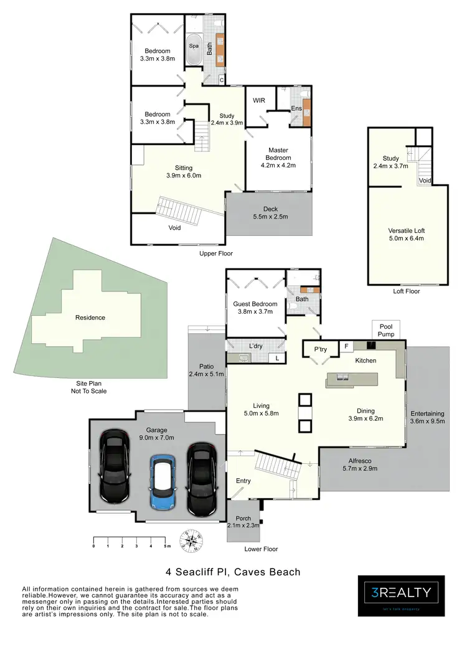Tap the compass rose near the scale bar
191,540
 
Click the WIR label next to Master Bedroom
260,100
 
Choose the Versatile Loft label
406,234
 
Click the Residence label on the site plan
90,318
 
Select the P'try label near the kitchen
320,350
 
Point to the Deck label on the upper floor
270,213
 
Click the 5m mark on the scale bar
167,546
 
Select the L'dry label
255,346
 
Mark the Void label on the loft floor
425,181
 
